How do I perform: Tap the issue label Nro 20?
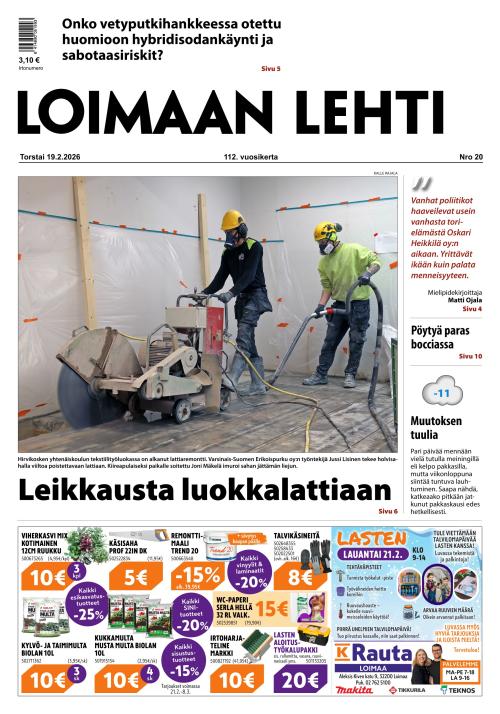tap(470, 157)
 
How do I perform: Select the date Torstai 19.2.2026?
tap(56, 157)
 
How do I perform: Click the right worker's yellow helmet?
tap(326, 232)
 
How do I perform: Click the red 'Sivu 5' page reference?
tap(270, 68)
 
